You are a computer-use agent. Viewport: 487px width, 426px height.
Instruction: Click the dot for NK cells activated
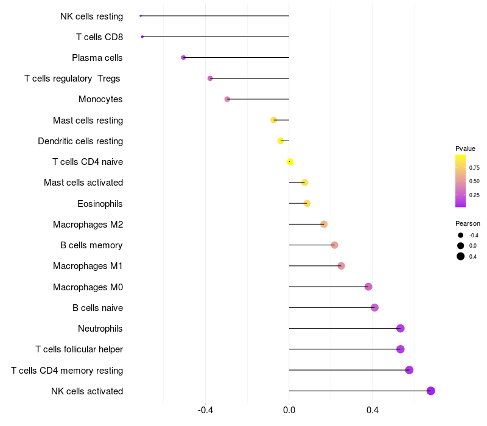(x=431, y=391)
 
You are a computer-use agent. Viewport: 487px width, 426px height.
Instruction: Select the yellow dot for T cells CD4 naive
(x=290, y=162)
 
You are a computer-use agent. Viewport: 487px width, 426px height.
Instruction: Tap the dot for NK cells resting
(x=141, y=16)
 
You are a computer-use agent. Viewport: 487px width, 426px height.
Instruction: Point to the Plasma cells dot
(x=183, y=58)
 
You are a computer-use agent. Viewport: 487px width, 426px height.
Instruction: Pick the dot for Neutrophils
(x=400, y=329)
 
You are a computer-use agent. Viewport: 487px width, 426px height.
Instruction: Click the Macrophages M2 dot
(x=324, y=225)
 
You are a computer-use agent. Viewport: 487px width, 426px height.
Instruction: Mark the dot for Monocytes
(x=227, y=99)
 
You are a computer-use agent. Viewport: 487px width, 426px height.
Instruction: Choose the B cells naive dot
(x=374, y=308)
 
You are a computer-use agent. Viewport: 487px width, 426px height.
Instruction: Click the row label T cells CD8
(x=99, y=37)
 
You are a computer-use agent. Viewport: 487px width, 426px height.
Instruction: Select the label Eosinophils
(x=100, y=204)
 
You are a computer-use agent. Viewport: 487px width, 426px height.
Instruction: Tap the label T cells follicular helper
(x=79, y=349)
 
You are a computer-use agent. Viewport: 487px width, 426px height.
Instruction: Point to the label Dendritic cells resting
(x=80, y=141)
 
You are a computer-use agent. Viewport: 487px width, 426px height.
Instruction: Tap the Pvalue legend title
(x=465, y=148)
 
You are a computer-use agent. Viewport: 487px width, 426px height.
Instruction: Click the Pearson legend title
(x=468, y=223)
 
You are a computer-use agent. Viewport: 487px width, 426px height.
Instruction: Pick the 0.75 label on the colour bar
(x=474, y=168)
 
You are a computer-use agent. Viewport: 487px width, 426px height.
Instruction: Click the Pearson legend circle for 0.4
(x=461, y=256)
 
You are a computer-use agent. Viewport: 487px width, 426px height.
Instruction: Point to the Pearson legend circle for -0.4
(x=461, y=236)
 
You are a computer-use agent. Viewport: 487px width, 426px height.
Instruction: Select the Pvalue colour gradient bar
(x=460, y=181)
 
